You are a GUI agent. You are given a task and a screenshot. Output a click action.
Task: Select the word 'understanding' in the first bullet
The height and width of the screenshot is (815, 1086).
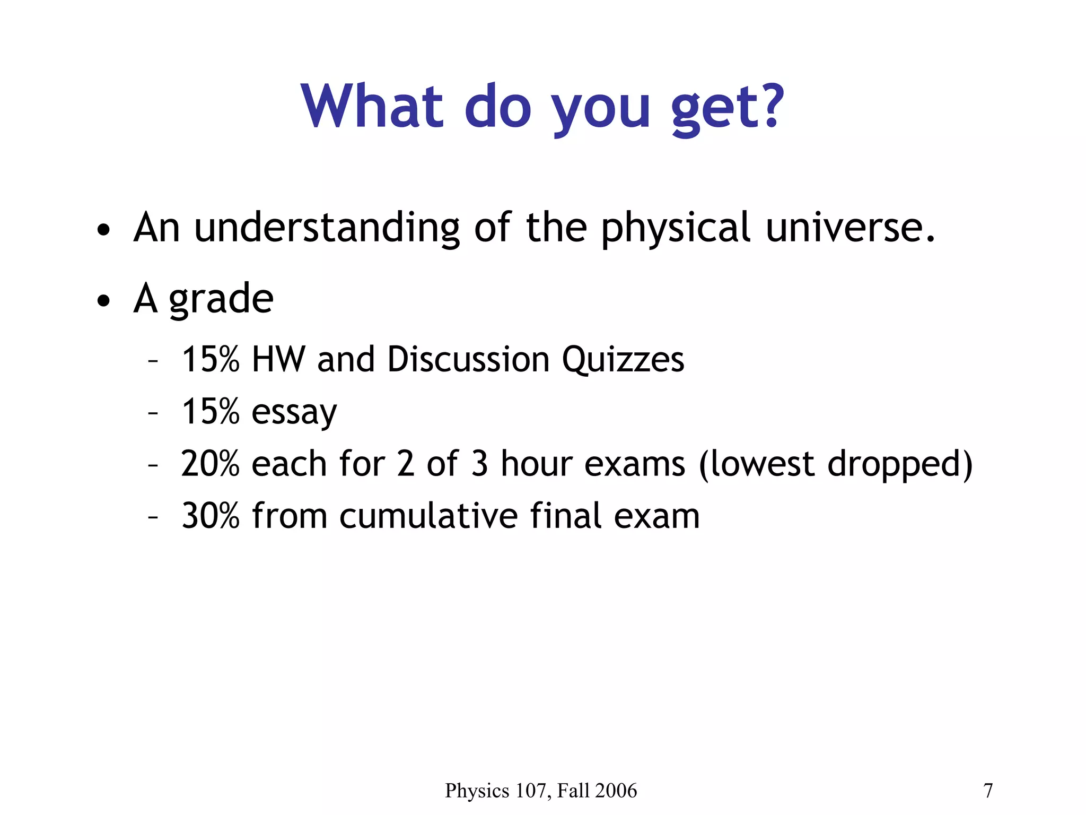click(327, 228)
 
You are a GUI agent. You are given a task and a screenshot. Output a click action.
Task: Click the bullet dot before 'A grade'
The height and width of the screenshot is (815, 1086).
click(104, 301)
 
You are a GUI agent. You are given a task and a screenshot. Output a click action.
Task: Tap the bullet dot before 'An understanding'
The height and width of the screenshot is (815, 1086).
click(104, 230)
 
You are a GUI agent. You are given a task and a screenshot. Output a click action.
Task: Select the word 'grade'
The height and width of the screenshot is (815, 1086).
click(221, 300)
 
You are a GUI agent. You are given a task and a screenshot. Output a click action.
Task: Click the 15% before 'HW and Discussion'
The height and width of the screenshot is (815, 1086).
click(210, 359)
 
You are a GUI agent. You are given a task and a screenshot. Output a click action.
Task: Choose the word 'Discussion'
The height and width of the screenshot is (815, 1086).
click(468, 359)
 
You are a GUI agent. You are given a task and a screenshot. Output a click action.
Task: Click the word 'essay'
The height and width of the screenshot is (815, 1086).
click(294, 413)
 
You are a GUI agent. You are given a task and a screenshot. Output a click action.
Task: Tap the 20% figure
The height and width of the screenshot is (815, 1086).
click(210, 464)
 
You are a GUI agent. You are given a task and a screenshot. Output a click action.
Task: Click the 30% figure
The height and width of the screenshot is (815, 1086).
click(210, 516)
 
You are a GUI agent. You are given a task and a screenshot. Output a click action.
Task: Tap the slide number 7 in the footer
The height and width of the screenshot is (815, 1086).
click(988, 791)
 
